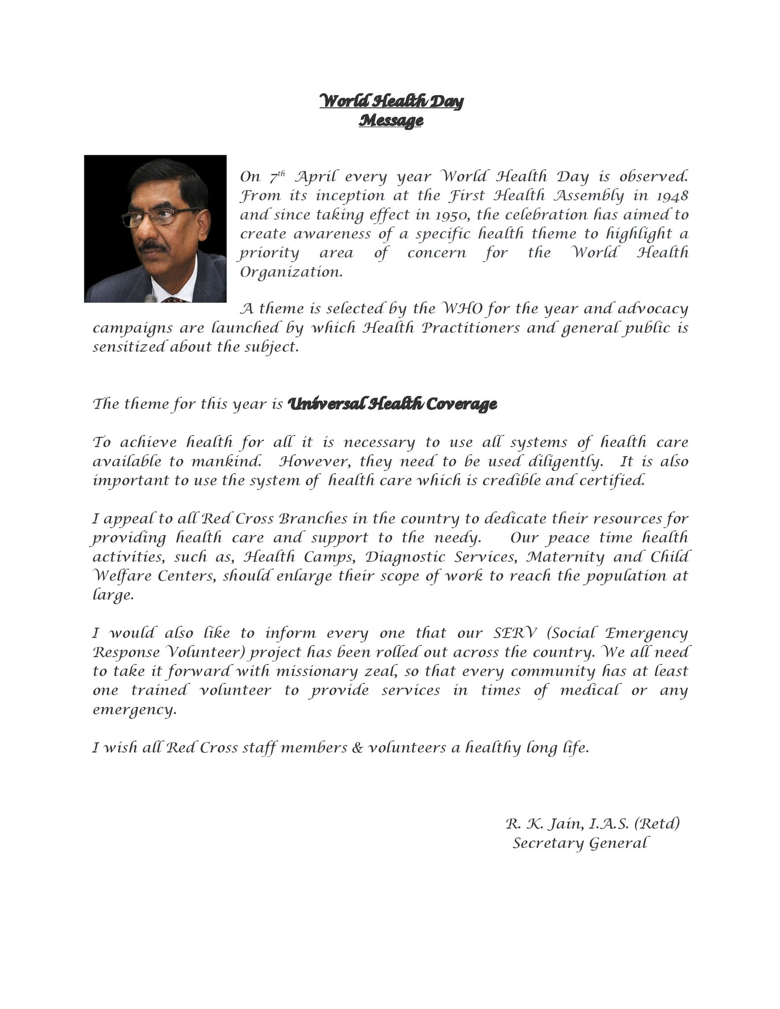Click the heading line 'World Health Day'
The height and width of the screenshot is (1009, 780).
(x=391, y=101)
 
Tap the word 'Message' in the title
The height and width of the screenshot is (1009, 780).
(x=391, y=121)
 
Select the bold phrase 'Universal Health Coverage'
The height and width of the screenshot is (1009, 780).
(x=392, y=404)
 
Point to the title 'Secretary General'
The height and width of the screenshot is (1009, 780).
(x=579, y=843)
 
